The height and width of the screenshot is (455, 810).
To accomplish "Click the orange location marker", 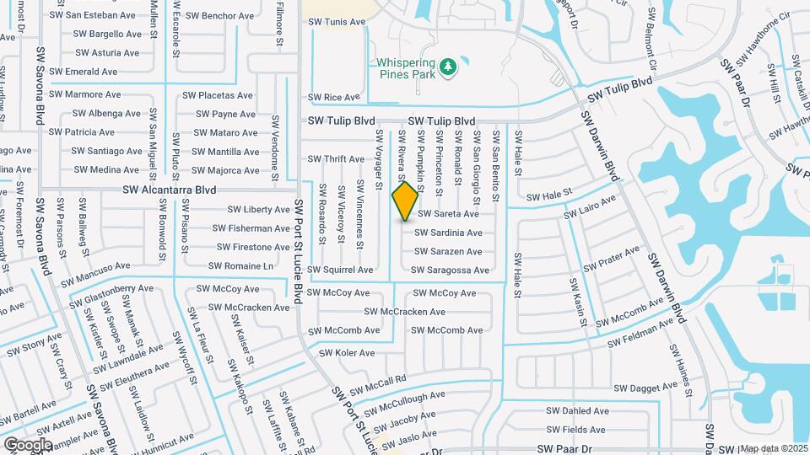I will coord(405,201).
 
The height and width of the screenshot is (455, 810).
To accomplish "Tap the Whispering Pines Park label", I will coord(406,68).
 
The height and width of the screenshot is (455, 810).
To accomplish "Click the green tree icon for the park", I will coord(449,65).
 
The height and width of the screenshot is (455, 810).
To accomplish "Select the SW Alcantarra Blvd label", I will coord(170,190).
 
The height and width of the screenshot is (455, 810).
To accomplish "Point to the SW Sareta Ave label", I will coord(449,214).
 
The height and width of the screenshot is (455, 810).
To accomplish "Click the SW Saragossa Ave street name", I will coord(450,270).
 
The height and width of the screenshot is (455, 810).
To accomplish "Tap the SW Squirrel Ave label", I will coord(340,270).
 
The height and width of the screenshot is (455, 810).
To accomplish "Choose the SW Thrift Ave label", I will coord(336,158).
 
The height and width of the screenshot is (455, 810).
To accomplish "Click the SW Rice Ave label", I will coord(334,98).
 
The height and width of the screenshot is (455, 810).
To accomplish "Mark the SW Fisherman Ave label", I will coord(251,228).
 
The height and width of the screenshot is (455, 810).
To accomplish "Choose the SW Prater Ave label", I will coord(613,258).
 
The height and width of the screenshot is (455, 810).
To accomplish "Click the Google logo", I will coord(28,444).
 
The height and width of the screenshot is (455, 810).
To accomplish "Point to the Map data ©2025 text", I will coord(774,448).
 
